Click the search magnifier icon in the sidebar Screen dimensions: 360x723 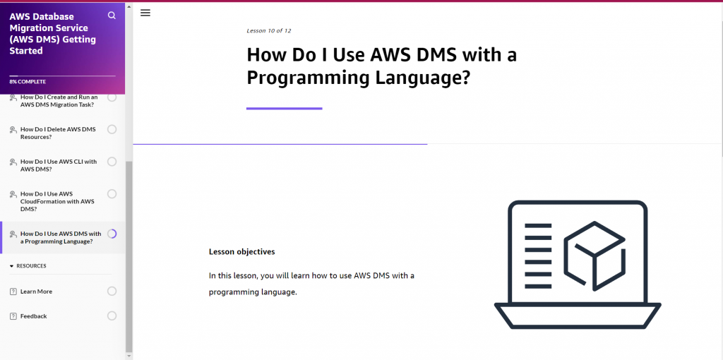[x=112, y=16]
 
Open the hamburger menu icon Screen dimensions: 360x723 [x=145, y=13]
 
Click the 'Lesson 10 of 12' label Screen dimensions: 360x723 [x=268, y=31]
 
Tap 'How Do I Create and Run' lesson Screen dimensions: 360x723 [x=59, y=101]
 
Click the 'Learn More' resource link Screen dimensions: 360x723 [x=36, y=292]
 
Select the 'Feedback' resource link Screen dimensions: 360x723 [x=33, y=316]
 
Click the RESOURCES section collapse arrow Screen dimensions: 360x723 [x=11, y=266]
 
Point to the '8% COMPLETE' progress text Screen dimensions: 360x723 [x=28, y=82]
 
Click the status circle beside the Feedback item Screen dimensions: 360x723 [x=112, y=316]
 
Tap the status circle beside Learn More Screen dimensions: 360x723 [x=112, y=291]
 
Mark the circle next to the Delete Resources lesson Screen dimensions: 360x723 [x=112, y=129]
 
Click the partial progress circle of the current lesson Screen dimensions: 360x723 [x=112, y=234]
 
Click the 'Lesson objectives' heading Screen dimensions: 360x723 [x=241, y=252]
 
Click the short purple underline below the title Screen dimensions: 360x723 [x=284, y=109]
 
